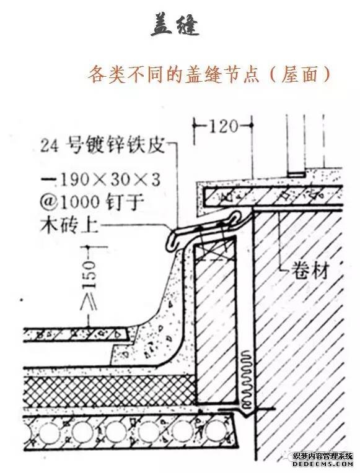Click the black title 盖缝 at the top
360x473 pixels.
[175, 25]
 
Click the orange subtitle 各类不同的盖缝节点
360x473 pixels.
[173, 74]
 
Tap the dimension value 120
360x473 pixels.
[223, 126]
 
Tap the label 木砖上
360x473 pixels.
[69, 225]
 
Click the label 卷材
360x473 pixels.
[309, 271]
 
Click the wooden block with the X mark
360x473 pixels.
[215, 248]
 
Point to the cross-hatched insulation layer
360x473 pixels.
[109, 389]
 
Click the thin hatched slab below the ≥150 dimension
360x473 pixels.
[77, 334]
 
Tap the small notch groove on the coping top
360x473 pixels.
[296, 175]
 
